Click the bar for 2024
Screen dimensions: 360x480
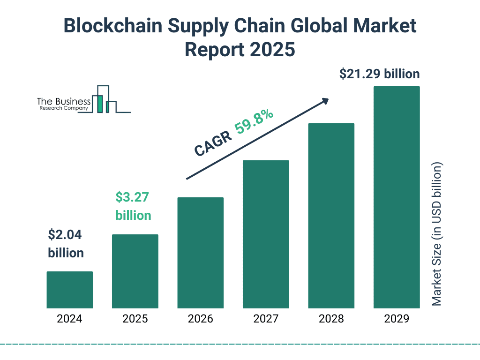pos(69,290)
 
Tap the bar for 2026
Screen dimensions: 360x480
pos(200,253)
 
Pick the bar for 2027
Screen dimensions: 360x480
pos(266,234)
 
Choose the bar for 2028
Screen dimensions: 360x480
pos(331,216)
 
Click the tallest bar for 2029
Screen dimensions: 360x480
pos(397,197)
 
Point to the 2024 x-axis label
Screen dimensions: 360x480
pos(69,319)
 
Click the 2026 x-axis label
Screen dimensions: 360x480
pos(200,319)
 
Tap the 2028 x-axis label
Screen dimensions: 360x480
pos(331,319)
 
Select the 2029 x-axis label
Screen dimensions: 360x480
pos(397,319)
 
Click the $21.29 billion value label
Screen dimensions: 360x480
pos(379,74)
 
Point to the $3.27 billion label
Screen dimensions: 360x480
pos(133,206)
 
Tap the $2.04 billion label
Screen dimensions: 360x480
pos(66,244)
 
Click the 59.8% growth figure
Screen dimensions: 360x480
pos(254,124)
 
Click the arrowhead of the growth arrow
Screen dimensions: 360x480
pos(325,101)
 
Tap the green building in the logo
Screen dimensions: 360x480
pos(99,104)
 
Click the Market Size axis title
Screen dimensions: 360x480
pos(437,234)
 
